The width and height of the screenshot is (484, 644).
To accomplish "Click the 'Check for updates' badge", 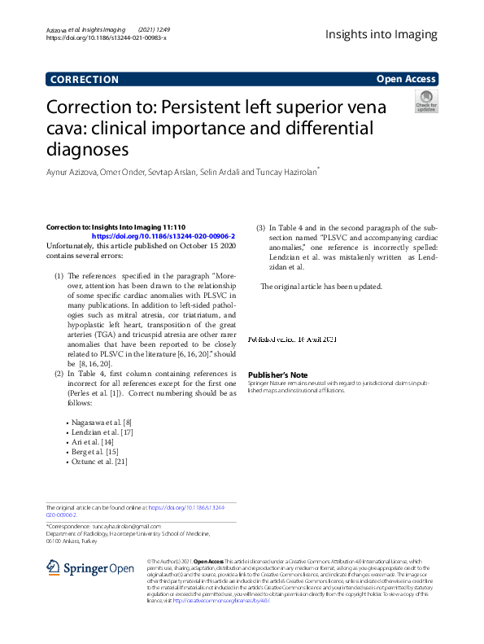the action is coord(425,102).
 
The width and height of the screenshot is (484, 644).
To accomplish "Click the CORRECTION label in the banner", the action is coord(85,80).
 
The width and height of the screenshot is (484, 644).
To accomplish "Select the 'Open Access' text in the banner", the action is coord(406,79).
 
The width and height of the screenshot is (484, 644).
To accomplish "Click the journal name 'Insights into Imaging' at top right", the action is coord(381,35).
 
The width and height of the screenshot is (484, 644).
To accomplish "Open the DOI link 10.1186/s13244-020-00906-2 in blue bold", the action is coord(164,235).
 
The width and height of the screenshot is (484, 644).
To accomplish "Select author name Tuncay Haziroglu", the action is coord(287,171).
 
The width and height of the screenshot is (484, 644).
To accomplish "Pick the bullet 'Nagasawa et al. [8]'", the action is coord(102,423).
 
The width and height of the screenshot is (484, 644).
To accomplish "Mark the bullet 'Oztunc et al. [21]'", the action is coord(100,462).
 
